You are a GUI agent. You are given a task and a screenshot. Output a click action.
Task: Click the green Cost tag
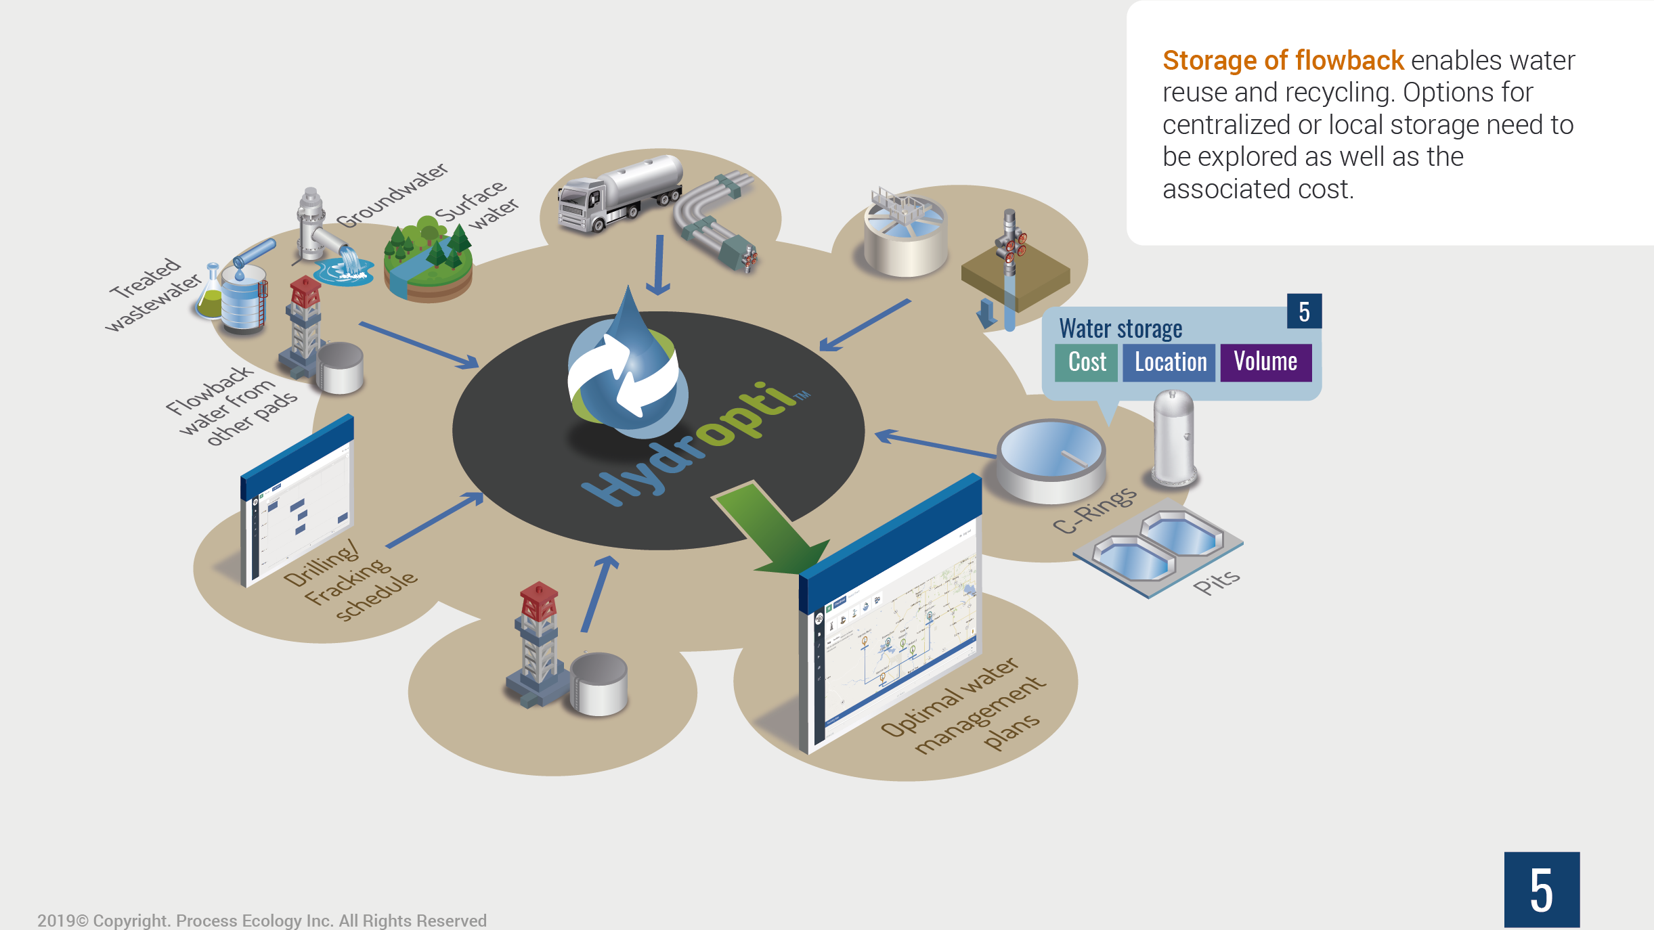[x=1086, y=362]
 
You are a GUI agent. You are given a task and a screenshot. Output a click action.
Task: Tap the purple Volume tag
[x=1265, y=362]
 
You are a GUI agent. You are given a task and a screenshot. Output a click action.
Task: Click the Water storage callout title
[x=1120, y=329]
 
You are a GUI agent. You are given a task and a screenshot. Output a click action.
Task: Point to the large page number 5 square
[x=1541, y=889]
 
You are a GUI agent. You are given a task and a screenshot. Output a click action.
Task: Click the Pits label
[x=1216, y=581]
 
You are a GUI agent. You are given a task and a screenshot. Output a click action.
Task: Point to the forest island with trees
[x=428, y=261]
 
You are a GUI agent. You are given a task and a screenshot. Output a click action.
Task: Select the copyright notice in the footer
[x=262, y=920]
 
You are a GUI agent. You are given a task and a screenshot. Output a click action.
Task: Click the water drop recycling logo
[x=626, y=369]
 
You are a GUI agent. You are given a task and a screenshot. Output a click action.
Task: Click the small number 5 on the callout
[x=1304, y=311]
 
